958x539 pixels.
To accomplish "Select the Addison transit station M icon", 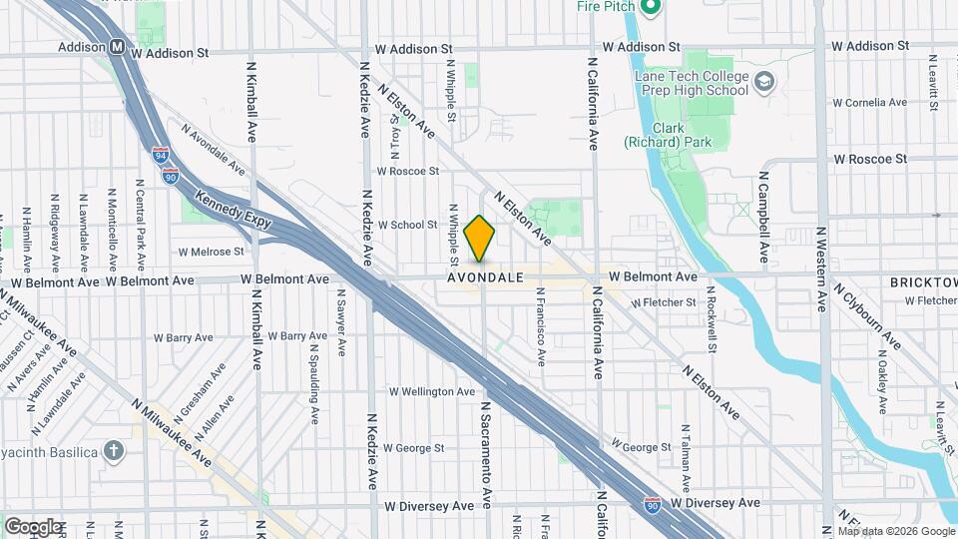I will [x=118, y=46].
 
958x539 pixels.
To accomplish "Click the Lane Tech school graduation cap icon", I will [x=764, y=81].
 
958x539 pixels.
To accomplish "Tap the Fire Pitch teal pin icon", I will [x=650, y=8].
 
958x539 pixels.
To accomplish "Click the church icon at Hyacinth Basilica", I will [x=114, y=451].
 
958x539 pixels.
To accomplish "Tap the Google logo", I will [x=33, y=526].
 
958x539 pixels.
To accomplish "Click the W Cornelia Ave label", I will [x=869, y=102].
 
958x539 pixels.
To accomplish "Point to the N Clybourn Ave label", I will [x=866, y=318].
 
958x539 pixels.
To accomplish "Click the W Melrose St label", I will [x=211, y=252].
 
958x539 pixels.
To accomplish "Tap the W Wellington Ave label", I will [x=432, y=391].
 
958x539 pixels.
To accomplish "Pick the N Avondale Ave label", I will [x=213, y=149].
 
